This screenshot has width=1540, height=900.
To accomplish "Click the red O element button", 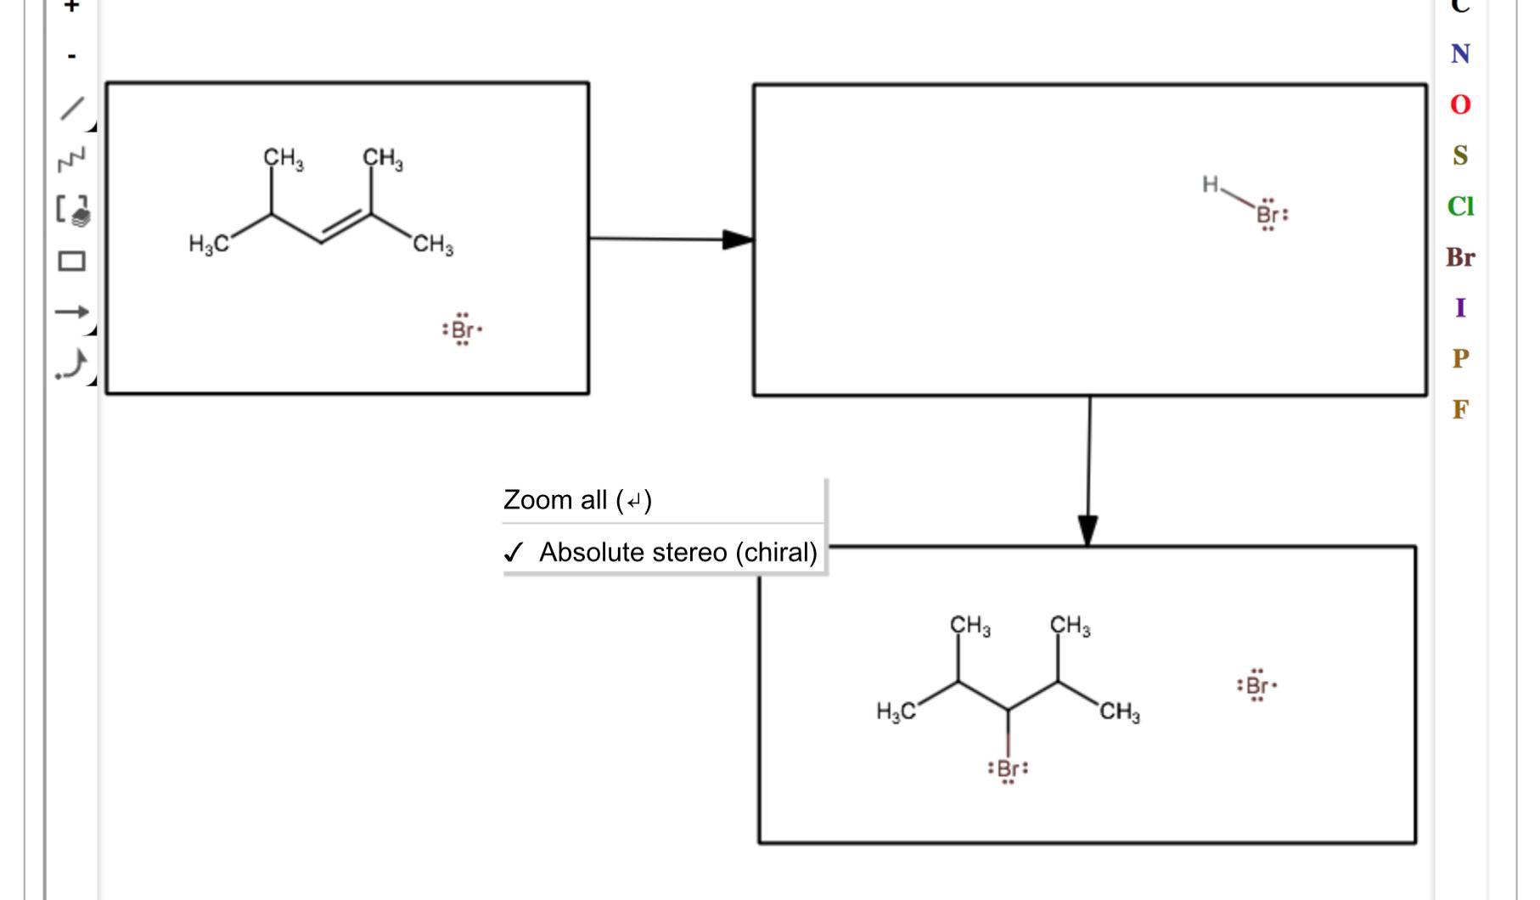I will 1460,104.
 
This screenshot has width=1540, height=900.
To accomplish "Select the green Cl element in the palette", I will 1460,206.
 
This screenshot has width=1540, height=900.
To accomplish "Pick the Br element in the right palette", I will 1460,257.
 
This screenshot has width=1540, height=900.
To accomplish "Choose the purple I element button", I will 1460,307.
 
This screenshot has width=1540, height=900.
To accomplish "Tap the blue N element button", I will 1460,54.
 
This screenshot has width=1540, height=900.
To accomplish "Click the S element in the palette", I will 1460,155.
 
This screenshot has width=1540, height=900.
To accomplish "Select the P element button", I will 1460,358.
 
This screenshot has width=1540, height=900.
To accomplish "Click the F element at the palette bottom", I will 1460,409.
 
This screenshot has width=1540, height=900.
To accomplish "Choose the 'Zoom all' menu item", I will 577,500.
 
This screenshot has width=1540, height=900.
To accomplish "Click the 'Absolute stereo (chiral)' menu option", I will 677,553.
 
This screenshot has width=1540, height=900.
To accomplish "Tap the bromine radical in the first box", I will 463,329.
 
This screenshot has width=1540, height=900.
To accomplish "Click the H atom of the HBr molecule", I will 1210,184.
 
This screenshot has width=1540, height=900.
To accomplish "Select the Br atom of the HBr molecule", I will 1268,214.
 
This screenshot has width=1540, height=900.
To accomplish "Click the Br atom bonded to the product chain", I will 1008,768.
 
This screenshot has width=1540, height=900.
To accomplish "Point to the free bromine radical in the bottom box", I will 1257,685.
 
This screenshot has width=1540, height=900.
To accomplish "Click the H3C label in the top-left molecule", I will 208,245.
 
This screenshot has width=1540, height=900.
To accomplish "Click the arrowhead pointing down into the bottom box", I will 1088,530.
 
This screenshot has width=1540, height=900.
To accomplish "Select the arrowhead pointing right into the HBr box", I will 737,239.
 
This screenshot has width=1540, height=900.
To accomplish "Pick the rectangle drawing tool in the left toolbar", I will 72,261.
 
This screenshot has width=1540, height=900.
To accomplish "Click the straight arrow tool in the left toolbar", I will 72,312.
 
